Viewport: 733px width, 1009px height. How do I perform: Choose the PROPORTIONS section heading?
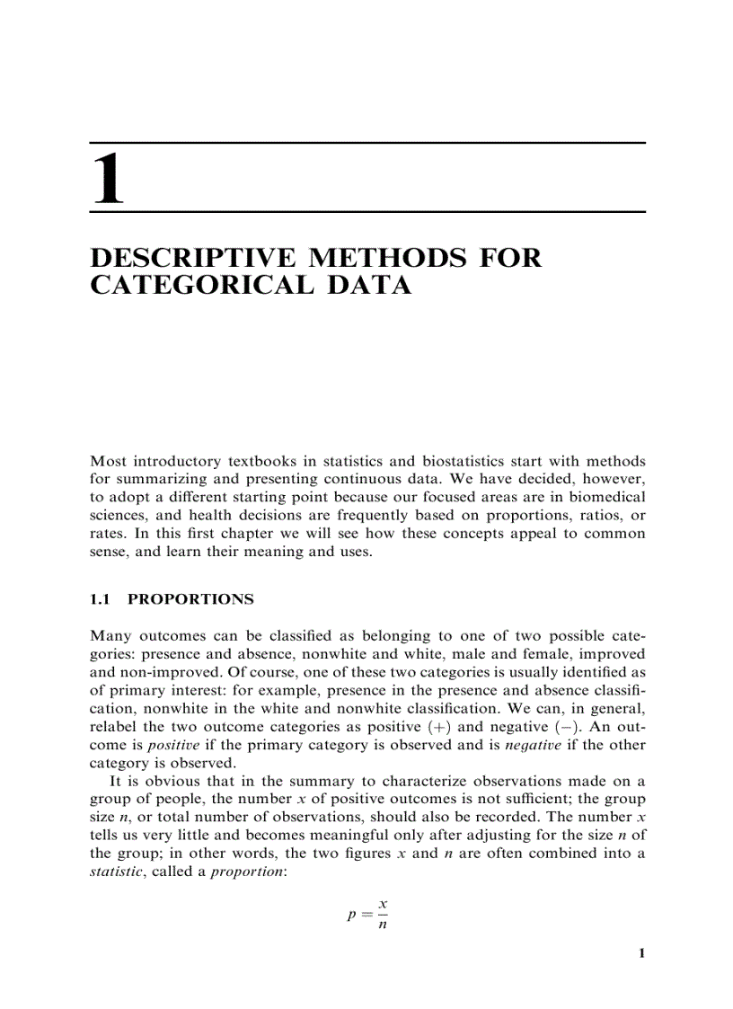click(191, 598)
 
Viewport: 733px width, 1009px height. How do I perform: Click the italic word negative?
click(529, 745)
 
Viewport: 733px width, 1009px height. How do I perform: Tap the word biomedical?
click(602, 497)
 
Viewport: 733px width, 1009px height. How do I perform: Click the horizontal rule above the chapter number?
click(367, 143)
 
